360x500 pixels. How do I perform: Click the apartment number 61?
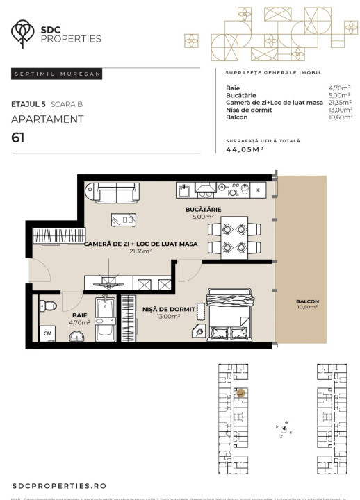click(18, 137)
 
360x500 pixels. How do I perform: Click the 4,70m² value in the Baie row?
click(340, 89)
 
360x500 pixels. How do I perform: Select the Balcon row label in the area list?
click(236, 117)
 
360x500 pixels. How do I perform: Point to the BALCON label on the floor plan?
click(307, 301)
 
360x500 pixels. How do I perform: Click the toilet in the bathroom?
click(49, 306)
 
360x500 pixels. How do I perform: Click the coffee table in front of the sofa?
click(123, 219)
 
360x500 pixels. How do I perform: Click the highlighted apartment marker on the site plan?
click(240, 392)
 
